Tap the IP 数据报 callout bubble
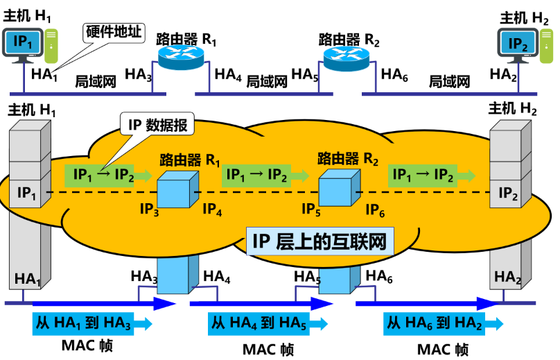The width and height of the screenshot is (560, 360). (x=158, y=125)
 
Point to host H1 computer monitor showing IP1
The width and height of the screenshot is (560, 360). (x=23, y=42)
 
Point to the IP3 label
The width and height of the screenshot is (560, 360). (x=149, y=208)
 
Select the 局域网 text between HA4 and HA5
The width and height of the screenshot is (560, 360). (x=267, y=82)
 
